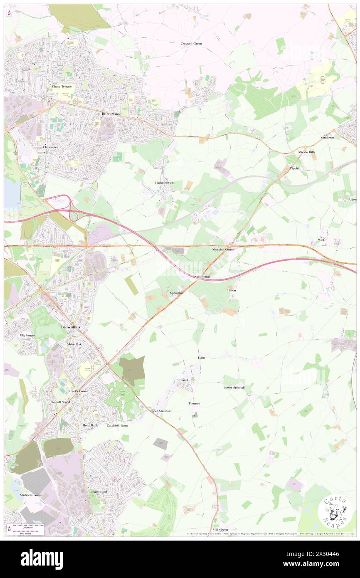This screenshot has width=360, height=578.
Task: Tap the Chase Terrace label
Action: (62, 86)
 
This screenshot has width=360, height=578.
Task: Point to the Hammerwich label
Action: (164, 183)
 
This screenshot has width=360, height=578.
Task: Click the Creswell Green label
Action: (191, 43)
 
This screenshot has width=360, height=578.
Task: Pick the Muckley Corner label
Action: (223, 249)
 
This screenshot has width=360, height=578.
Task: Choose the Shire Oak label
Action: (74, 344)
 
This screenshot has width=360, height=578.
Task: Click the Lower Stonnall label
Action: (234, 388)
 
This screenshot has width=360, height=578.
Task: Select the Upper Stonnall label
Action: (160, 411)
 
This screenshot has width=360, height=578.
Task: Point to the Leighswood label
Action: (99, 492)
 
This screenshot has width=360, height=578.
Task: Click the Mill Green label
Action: (220, 530)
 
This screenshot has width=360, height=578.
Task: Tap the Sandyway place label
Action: (327, 137)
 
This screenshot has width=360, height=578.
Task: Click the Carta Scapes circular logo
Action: (335, 512)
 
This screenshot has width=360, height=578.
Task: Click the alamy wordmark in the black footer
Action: (42, 558)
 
